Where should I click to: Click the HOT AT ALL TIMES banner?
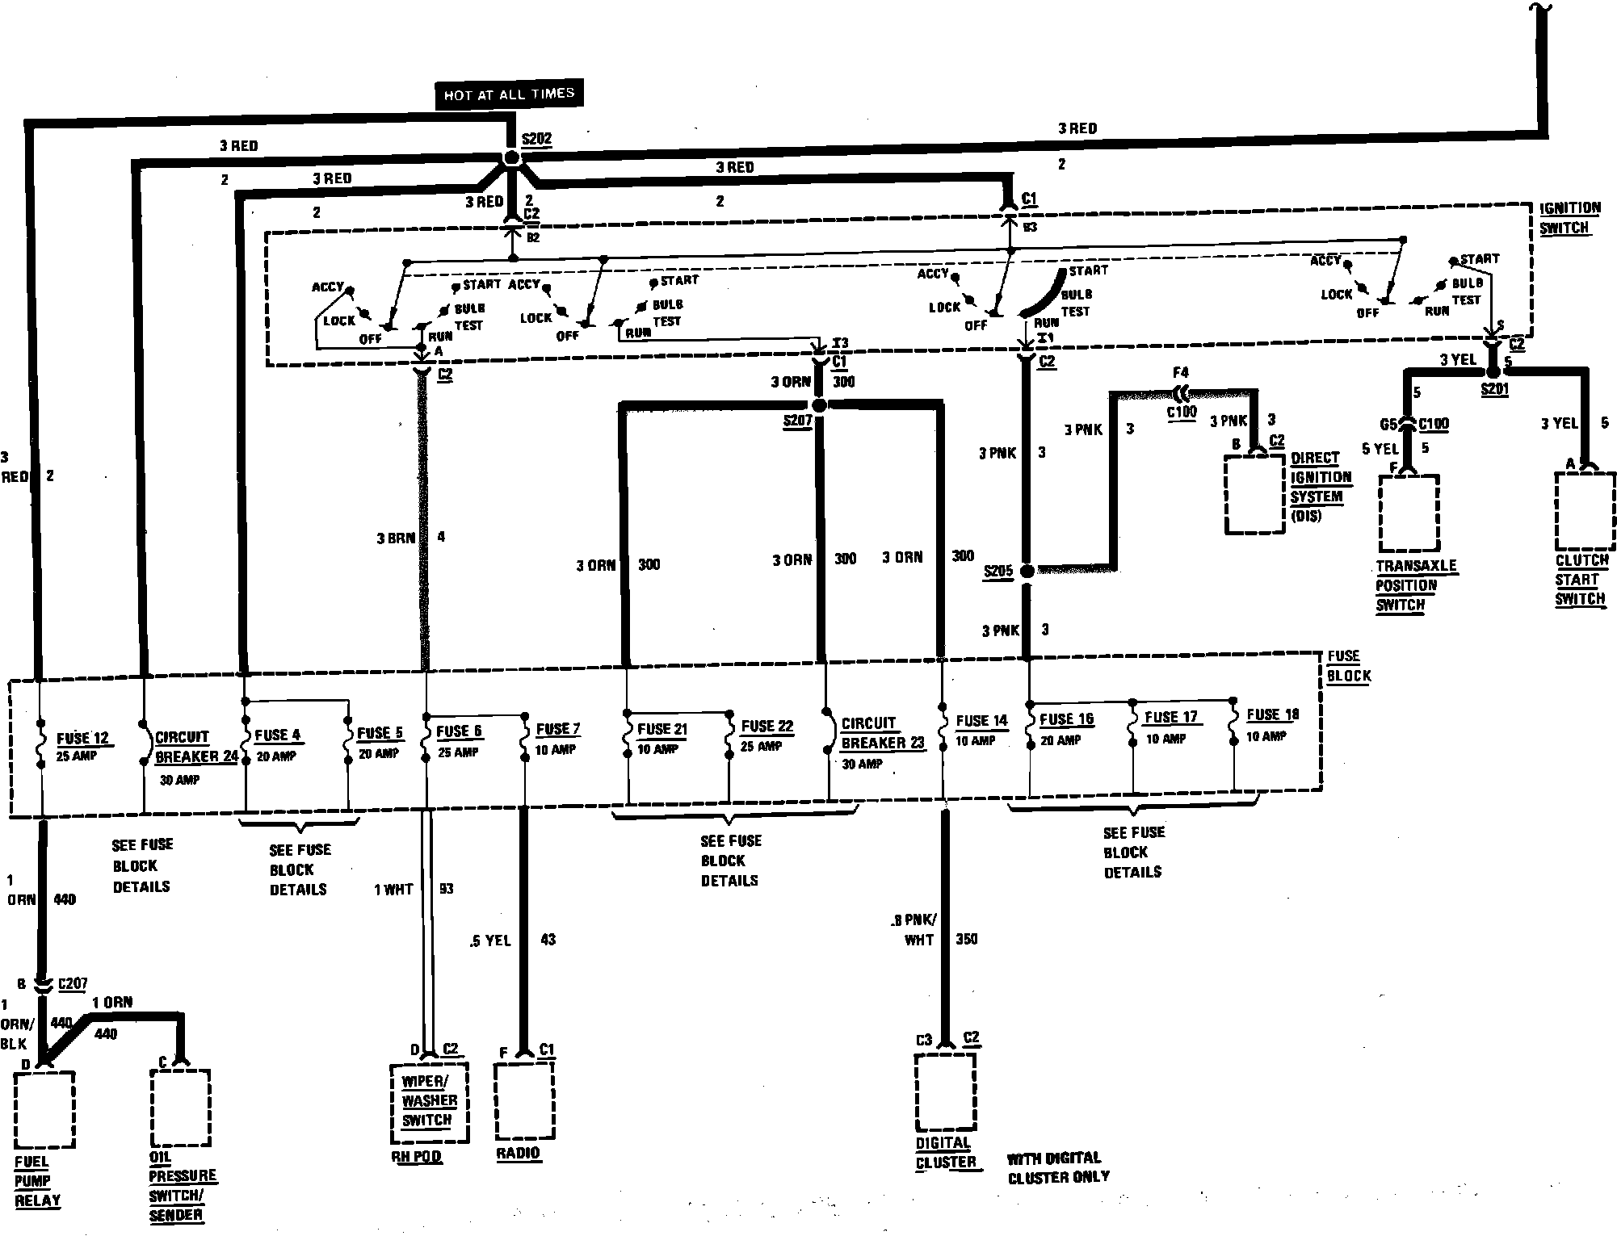click(508, 94)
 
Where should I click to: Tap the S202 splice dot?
click(510, 157)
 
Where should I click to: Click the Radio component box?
click(524, 1100)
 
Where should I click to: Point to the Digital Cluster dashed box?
click(945, 1091)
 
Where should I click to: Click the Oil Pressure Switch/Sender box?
click(180, 1108)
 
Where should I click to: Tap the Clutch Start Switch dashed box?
click(1585, 510)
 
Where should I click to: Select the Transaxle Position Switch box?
click(1409, 513)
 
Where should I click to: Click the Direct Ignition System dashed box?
click(1254, 494)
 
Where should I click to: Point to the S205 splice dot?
click(1027, 571)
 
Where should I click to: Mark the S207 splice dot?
click(818, 405)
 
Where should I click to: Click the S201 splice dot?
click(1493, 371)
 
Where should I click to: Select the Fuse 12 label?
click(82, 739)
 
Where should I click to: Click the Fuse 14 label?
click(981, 721)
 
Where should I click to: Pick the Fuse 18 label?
click(1272, 715)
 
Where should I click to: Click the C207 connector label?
click(73, 984)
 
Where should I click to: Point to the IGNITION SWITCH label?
click(1569, 218)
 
